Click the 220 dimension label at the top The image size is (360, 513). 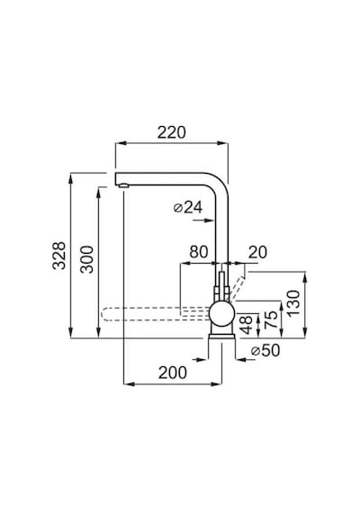(172, 132)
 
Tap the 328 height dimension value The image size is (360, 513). (59, 256)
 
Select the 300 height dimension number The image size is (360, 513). (87, 259)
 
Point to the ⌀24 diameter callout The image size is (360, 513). (188, 207)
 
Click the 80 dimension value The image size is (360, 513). (199, 252)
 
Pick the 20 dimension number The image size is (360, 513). (257, 252)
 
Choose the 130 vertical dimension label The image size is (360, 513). (294, 302)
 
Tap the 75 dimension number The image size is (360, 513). (271, 320)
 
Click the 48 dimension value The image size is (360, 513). (247, 325)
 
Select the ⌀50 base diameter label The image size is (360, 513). (265, 350)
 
